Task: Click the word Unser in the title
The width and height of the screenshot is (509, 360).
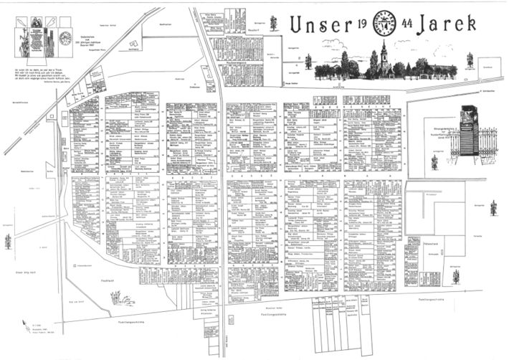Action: [x=318, y=26]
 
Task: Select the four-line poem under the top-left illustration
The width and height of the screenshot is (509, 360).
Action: [x=39, y=75]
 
